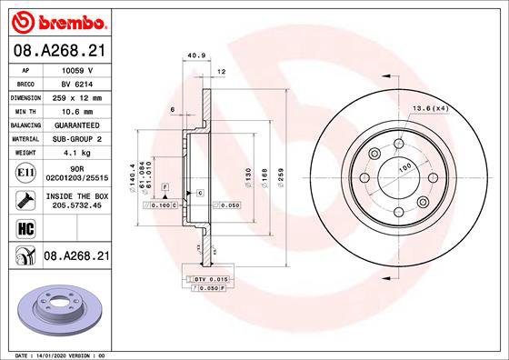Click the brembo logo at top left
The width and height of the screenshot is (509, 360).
click(x=56, y=19)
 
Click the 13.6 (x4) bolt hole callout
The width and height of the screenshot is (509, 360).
click(x=431, y=110)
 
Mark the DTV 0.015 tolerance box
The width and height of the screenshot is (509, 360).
click(x=208, y=277)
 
